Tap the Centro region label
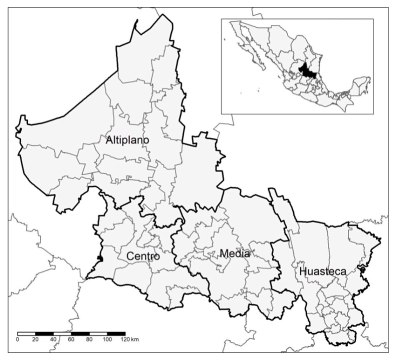144,257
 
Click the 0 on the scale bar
19,341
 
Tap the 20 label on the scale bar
36,341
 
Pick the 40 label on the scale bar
54,341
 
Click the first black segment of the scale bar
23,332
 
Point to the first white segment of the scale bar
32,332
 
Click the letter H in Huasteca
300,271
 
